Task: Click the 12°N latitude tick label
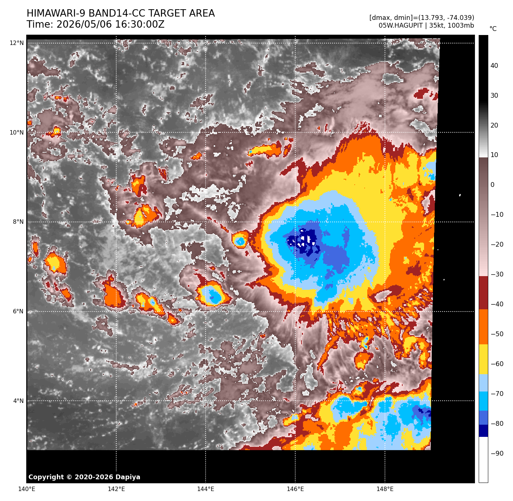click(x=17, y=43)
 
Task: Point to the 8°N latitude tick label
click(x=18, y=222)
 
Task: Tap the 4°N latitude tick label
click(x=18, y=401)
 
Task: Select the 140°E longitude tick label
click(x=27, y=489)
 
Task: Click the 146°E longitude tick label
click(x=295, y=489)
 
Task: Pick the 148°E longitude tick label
click(x=385, y=489)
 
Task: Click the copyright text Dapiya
click(x=128, y=477)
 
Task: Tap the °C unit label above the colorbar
click(x=493, y=29)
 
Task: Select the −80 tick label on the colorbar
click(x=497, y=424)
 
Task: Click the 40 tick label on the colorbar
click(x=494, y=66)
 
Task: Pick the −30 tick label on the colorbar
click(x=497, y=274)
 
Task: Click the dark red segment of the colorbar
click(x=483, y=292)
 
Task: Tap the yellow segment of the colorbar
click(x=483, y=359)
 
